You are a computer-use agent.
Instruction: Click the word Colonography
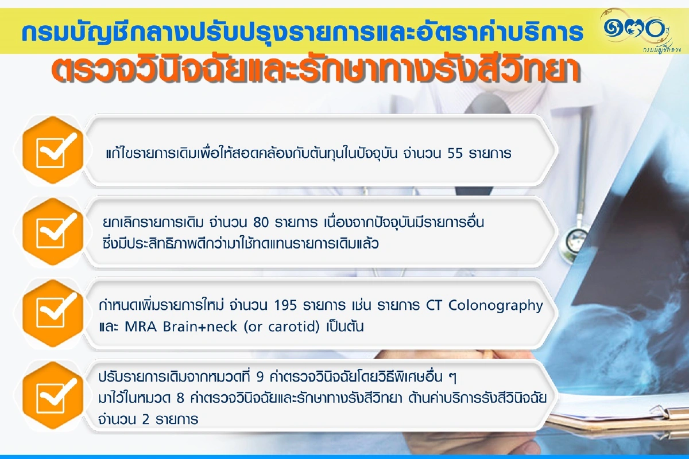coord(495,305)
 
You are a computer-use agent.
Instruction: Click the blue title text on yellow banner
coord(301,33)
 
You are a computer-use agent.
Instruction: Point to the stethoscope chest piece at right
coord(576,238)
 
